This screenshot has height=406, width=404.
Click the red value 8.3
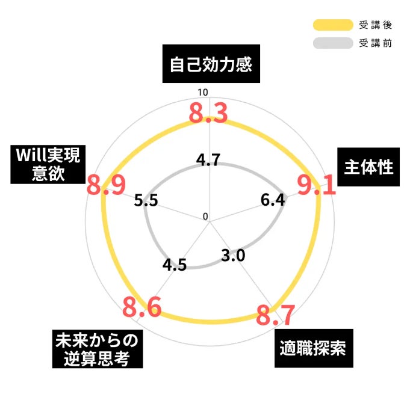coord(208,113)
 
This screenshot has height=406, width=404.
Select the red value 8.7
coord(276,315)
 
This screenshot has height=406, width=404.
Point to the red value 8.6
coord(142,307)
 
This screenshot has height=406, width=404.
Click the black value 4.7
coord(208,161)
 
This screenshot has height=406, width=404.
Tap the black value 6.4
coord(273,201)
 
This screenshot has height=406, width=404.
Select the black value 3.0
coord(233,256)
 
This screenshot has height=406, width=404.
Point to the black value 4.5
coord(175,265)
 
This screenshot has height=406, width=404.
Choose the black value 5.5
coord(146,201)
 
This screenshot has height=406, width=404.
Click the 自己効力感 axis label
coord(210,64)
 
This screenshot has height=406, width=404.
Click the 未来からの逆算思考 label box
coord(97,349)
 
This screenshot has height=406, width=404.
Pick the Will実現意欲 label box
coord(47,164)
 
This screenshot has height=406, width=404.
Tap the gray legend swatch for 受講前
coord(332,43)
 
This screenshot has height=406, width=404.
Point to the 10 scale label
coord(202,93)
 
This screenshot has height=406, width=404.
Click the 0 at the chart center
coord(205,217)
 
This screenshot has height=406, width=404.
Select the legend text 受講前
coord(375,43)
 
